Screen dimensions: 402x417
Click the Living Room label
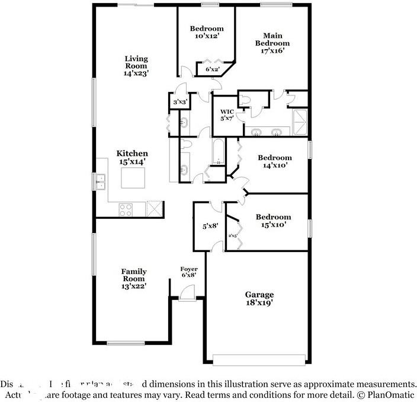pos(136,66)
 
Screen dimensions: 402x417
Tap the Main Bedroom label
pos(272,43)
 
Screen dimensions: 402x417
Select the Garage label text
pos(259,298)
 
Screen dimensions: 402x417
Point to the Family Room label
pos(134,279)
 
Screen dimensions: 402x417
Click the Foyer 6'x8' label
pos(189,272)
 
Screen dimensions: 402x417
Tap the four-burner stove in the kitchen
pos(126,209)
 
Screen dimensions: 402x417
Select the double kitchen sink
pos(100,181)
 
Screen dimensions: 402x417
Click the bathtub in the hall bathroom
pos(218,152)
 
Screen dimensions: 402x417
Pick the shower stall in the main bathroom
pos(300,122)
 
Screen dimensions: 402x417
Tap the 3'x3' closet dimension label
pos(179,103)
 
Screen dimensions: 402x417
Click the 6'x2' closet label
pos(212,70)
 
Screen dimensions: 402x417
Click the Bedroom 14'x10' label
pos(274,161)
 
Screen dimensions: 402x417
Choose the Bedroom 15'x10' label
pos(274,221)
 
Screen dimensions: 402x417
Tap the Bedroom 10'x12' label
pos(206,33)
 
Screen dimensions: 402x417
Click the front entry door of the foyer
pos(187,293)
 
